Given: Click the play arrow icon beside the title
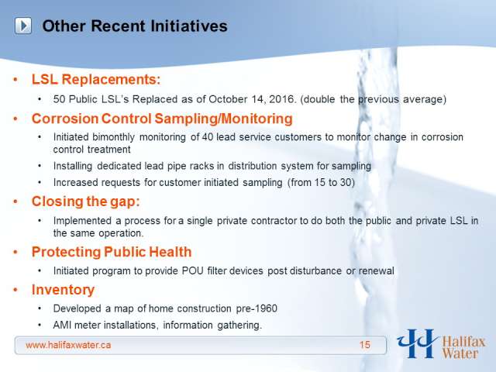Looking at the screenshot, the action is point(23,26).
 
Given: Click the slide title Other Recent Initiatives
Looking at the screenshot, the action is point(135,26).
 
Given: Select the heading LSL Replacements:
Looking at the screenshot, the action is point(96,79).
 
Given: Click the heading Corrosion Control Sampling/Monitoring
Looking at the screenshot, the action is point(162,119).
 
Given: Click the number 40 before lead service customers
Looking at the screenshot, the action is point(207,137).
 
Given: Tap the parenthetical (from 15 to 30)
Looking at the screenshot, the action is point(321,183).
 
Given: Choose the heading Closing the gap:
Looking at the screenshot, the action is point(86,201).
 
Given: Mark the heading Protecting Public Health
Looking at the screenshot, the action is point(112,252).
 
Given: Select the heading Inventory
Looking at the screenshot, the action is point(63,290).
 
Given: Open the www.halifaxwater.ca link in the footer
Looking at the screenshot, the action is point(68,345).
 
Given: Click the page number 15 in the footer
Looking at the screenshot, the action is point(365,345).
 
